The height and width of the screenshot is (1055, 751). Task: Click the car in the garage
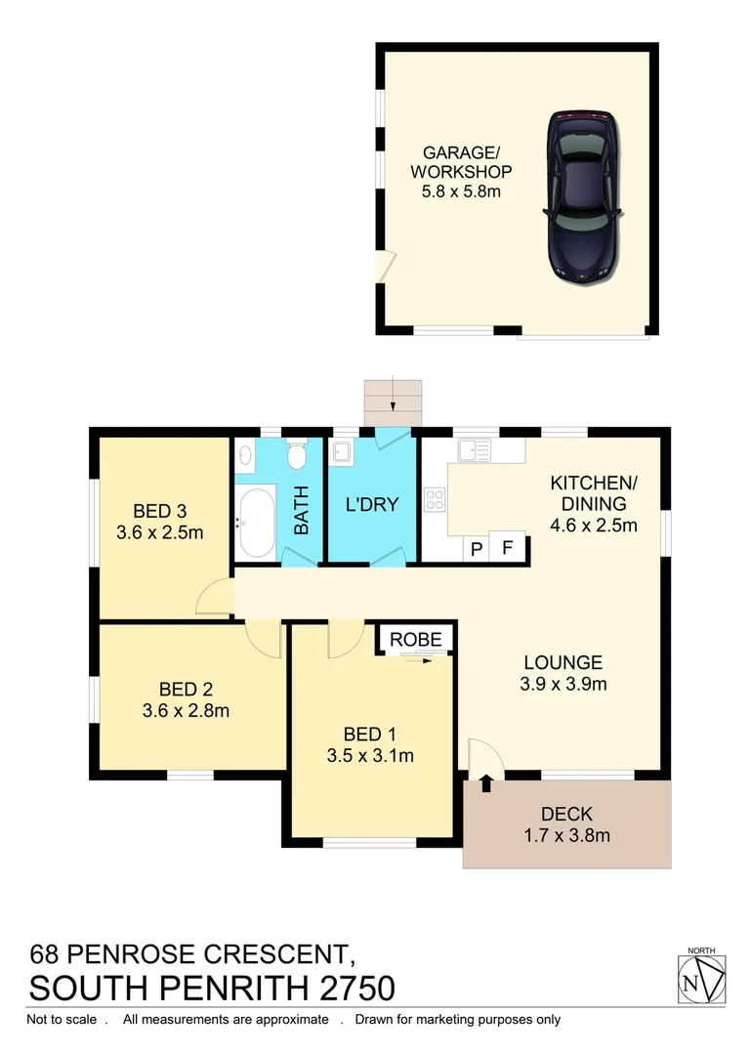click(584, 196)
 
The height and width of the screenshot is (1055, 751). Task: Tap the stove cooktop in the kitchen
click(435, 500)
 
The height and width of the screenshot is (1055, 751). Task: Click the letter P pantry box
click(477, 548)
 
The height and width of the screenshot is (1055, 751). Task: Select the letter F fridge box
click(507, 548)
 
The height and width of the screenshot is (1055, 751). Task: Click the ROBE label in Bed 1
click(417, 640)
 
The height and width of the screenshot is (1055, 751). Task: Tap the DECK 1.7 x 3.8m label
click(567, 823)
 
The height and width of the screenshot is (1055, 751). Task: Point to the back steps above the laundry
click(392, 401)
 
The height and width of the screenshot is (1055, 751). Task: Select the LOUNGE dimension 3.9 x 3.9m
click(563, 684)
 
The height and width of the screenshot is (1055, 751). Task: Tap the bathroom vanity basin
click(245, 455)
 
